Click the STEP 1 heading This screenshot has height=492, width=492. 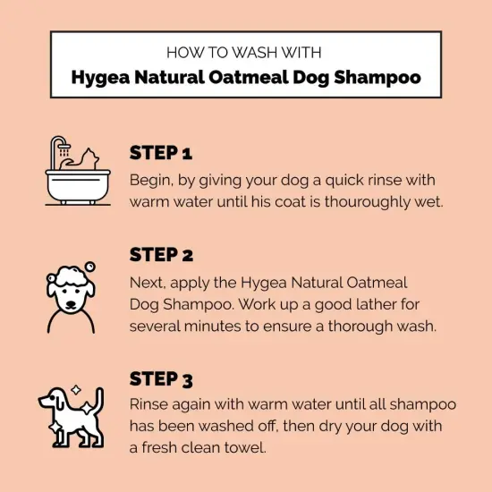pyautogui.click(x=161, y=152)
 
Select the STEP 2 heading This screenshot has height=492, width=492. pyautogui.click(x=161, y=255)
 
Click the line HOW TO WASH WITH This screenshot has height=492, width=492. pyautogui.click(x=245, y=52)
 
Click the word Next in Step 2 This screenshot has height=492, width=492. pyautogui.click(x=148, y=282)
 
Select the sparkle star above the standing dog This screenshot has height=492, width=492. pyautogui.click(x=76, y=392)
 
